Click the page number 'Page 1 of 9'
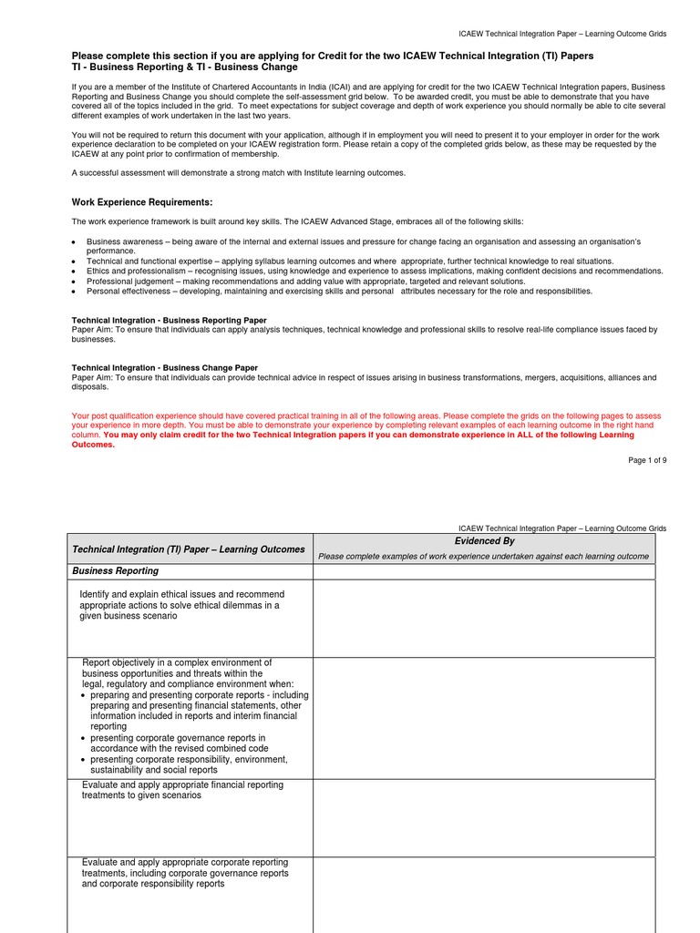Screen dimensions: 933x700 point(647,460)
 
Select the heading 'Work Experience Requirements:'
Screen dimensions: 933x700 point(142,202)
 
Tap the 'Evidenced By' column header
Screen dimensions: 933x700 point(484,541)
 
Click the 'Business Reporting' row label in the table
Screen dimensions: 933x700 point(115,571)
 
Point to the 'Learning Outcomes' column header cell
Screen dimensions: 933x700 point(189,549)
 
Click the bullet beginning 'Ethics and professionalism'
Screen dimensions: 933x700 point(374,271)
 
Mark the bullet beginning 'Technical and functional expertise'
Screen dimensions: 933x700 point(350,261)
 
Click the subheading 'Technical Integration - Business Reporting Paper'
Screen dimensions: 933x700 point(170,320)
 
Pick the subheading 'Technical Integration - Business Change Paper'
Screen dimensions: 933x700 point(165,367)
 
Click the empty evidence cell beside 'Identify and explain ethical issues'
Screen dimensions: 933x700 point(484,618)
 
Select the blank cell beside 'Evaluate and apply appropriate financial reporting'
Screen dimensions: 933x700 point(484,817)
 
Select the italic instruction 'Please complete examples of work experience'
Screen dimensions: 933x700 point(483,557)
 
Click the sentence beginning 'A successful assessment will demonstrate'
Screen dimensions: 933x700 point(239,172)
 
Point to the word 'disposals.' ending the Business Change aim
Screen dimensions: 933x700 point(90,386)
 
